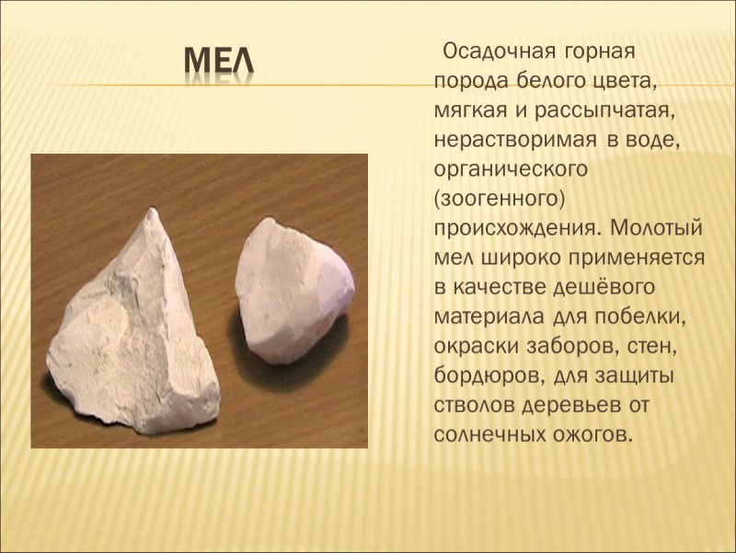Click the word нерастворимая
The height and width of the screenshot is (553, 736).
(514, 141)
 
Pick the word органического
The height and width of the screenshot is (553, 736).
(510, 170)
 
